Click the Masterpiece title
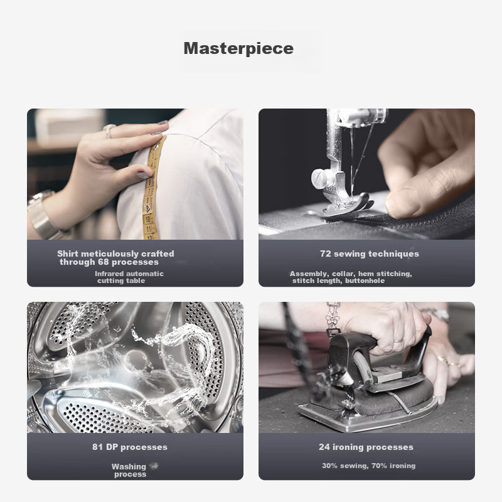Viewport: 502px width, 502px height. point(238,48)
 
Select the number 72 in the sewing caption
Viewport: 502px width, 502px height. point(326,254)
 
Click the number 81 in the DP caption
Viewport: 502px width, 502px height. point(97,447)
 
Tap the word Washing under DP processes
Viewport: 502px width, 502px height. point(129,466)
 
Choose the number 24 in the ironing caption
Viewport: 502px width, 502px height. point(324,447)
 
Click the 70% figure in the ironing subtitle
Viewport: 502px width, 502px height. point(380,466)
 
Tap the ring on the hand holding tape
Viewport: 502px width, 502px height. point(109,131)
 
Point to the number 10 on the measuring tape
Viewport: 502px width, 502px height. point(147,220)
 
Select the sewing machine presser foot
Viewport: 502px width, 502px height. point(348,205)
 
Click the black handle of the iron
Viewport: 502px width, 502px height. point(378,343)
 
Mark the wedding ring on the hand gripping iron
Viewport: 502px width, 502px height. point(398,341)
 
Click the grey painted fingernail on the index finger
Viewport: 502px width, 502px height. point(163,122)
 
